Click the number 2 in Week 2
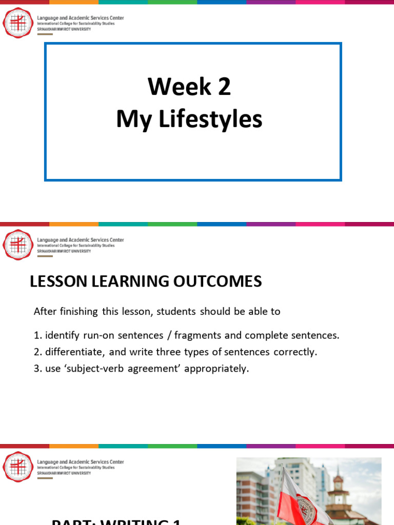click(x=224, y=87)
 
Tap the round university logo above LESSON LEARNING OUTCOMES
click(x=17, y=245)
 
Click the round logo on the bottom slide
click(x=17, y=466)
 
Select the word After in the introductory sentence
click(x=45, y=312)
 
